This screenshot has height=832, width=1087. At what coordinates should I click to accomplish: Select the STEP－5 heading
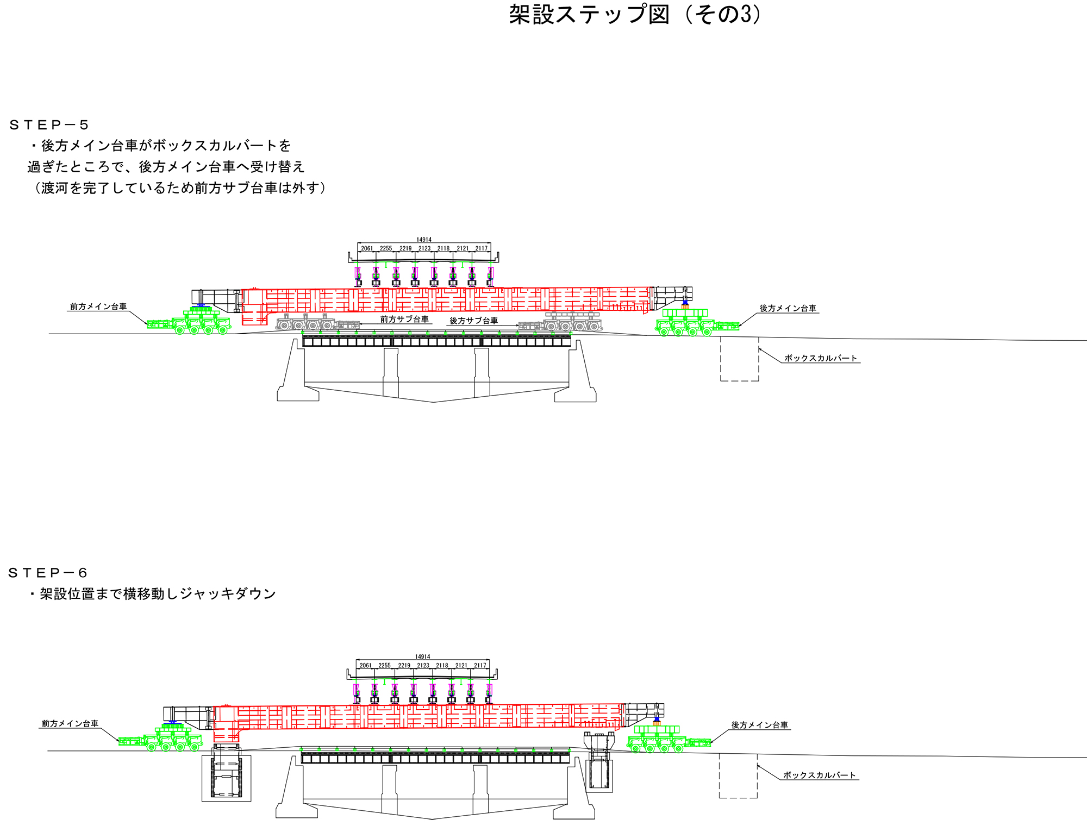click(49, 126)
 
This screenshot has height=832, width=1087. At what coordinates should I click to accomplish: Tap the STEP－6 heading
click(48, 573)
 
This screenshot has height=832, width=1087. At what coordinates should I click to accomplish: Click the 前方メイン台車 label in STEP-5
click(98, 306)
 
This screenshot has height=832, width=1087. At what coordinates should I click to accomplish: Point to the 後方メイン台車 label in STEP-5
click(788, 308)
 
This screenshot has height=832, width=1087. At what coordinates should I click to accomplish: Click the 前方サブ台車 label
click(404, 319)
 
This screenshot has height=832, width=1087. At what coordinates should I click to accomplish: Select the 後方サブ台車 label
click(473, 321)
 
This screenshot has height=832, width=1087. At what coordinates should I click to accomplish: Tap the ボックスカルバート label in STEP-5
click(820, 358)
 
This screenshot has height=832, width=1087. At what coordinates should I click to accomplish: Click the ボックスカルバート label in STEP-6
click(819, 775)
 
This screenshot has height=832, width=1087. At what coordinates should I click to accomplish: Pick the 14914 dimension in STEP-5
click(424, 240)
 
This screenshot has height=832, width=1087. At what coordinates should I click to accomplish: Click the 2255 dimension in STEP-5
click(386, 248)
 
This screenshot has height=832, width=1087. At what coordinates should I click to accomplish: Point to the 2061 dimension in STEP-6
click(366, 665)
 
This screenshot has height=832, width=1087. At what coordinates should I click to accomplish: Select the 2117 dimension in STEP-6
click(480, 665)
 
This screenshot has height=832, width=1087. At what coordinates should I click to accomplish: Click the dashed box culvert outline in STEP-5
click(739, 359)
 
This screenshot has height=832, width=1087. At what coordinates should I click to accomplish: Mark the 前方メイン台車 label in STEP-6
click(70, 723)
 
